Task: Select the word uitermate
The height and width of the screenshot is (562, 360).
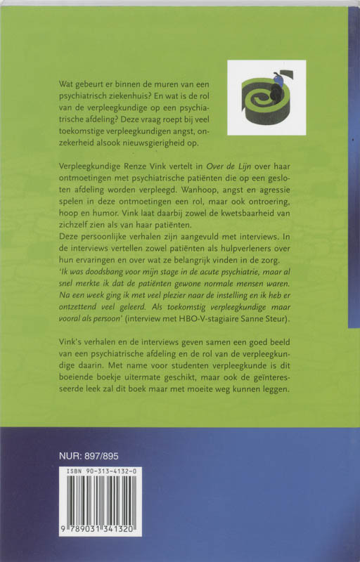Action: pyautogui.click(x=134, y=389)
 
